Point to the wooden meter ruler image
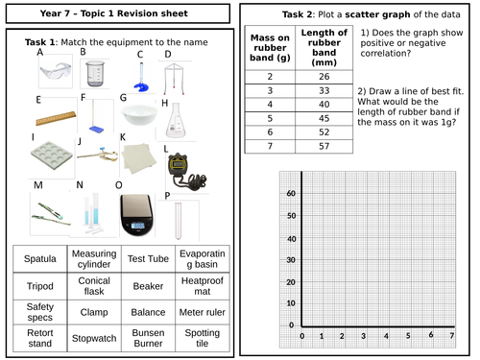[x=55, y=119]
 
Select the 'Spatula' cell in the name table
[x=38, y=260]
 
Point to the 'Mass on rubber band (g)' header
[x=268, y=49]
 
